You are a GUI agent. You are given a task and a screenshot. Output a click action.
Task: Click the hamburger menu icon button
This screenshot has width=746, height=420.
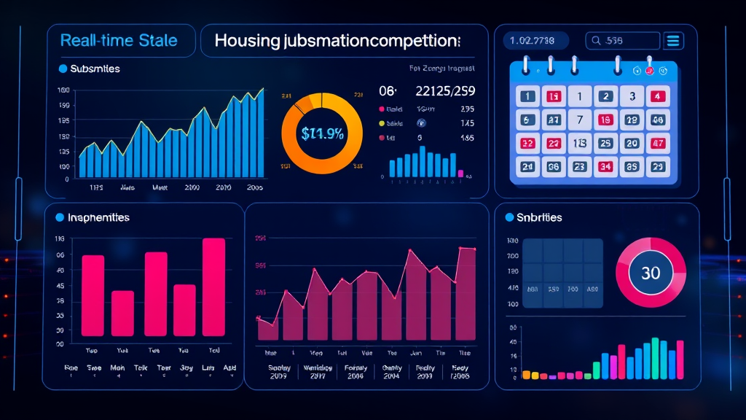(673, 41)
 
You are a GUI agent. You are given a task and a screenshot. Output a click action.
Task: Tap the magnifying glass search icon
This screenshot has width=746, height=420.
(597, 41)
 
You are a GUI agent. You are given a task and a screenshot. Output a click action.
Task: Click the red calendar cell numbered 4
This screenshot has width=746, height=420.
(657, 96)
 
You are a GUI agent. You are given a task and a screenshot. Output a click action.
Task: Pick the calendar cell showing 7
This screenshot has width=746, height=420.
(580, 120)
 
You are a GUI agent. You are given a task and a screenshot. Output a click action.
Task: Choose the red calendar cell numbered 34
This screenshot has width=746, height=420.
(605, 166)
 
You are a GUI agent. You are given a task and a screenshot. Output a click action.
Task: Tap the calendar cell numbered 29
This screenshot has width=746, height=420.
(657, 166)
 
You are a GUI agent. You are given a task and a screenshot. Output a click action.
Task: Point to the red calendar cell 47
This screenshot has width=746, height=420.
(657, 144)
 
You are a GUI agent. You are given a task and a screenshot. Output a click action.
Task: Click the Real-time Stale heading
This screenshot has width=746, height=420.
(119, 40)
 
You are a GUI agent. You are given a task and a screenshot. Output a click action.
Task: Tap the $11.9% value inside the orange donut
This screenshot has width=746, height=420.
(322, 134)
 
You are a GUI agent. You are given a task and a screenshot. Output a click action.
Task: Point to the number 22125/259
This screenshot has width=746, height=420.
(444, 91)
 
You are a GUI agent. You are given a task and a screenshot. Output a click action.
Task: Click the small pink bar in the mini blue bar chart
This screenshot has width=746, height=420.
(461, 174)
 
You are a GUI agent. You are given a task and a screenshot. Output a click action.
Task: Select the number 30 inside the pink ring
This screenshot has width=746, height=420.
(651, 273)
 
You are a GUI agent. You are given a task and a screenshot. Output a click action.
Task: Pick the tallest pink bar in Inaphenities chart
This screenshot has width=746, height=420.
(213, 287)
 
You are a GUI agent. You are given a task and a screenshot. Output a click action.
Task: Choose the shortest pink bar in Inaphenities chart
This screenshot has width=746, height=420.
(122, 313)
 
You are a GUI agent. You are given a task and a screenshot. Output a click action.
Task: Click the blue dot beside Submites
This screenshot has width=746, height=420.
(62, 69)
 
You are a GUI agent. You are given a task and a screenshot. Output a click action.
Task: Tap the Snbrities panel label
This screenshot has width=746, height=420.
(539, 217)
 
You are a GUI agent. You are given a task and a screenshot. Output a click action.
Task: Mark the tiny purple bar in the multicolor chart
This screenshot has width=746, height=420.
(552, 376)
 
